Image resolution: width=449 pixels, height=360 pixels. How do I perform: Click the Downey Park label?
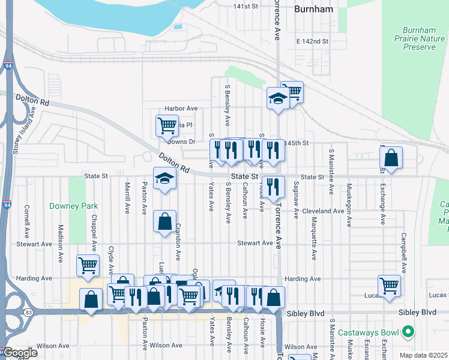click(x=73, y=206)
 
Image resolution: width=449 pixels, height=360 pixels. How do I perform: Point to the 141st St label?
click(x=246, y=6)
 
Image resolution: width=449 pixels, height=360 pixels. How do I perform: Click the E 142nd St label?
click(x=313, y=41)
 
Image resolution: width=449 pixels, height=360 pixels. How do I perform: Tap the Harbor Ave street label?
click(x=181, y=109)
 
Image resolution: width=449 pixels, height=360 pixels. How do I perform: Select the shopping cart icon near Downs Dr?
click(x=167, y=125)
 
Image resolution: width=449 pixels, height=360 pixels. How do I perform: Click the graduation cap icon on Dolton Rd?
click(x=164, y=178)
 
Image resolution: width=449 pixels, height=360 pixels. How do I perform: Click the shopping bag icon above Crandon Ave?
click(x=164, y=221)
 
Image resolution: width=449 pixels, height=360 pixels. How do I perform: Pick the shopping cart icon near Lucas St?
click(x=388, y=284)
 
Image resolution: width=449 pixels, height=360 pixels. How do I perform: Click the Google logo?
click(x=19, y=353)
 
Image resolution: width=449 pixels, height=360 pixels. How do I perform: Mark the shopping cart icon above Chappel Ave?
click(x=88, y=265)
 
